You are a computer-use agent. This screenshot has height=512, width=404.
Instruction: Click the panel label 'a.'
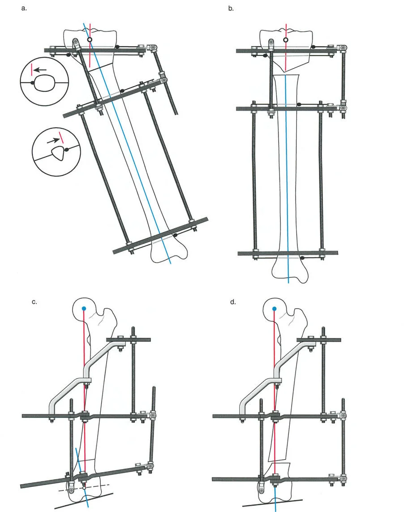[x=24, y=9]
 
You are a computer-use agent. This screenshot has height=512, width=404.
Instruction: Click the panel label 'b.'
[x=231, y=9]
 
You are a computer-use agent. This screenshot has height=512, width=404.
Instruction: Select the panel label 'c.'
[x=34, y=302]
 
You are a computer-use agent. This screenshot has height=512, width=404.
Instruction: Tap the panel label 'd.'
[x=232, y=302]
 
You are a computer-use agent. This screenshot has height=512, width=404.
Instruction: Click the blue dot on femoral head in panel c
[x=84, y=309]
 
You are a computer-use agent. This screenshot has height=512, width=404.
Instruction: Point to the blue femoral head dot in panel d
[x=274, y=309]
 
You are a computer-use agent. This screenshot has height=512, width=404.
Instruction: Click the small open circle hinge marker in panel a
[x=90, y=40]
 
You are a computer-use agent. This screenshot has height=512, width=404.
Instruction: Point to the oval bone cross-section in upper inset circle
[x=44, y=83]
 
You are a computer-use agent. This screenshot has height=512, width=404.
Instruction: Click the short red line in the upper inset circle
[x=32, y=70]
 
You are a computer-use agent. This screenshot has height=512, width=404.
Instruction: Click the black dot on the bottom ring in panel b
[x=303, y=258]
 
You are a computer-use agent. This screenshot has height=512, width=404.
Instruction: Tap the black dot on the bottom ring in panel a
[x=176, y=234]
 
